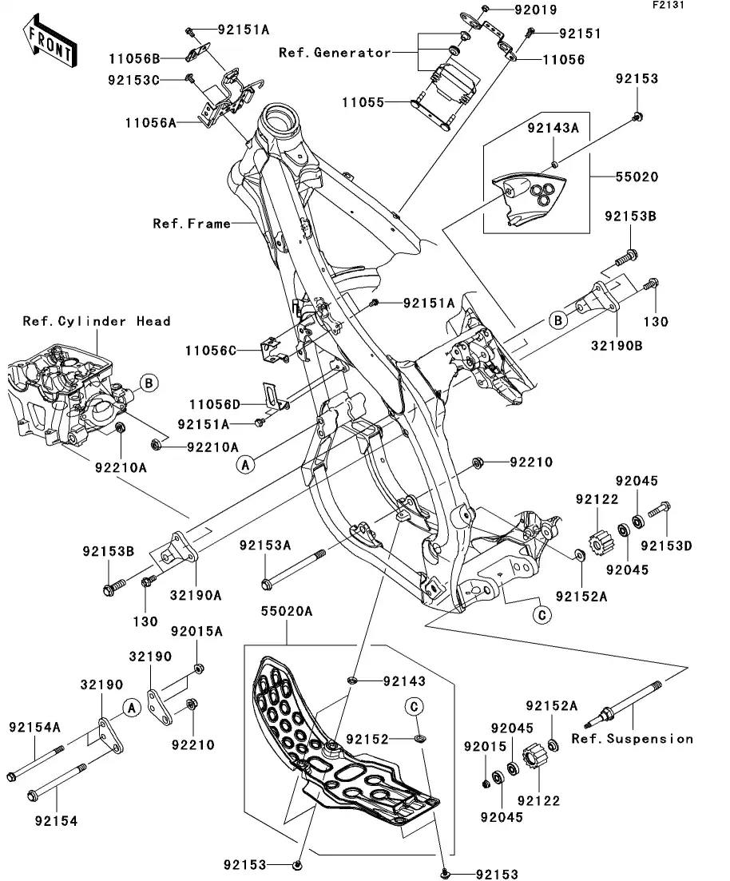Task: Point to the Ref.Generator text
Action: (x=335, y=53)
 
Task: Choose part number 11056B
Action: (x=135, y=58)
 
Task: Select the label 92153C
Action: (x=135, y=80)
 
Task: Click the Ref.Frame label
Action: (x=191, y=224)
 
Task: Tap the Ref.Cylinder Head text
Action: (x=96, y=321)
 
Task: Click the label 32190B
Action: (x=617, y=347)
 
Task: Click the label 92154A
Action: (x=35, y=727)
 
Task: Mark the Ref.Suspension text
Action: (x=632, y=739)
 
